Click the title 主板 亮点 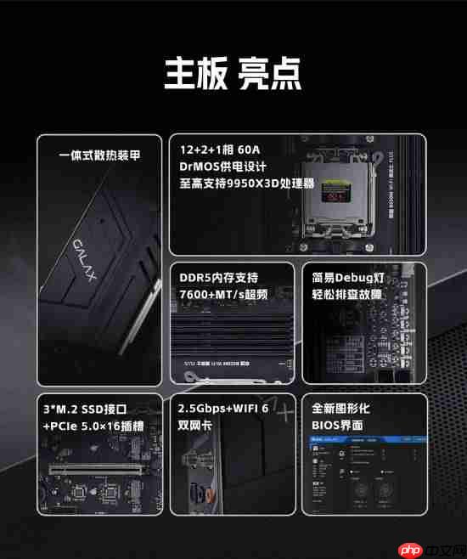(232, 75)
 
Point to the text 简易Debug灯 (347, 278)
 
